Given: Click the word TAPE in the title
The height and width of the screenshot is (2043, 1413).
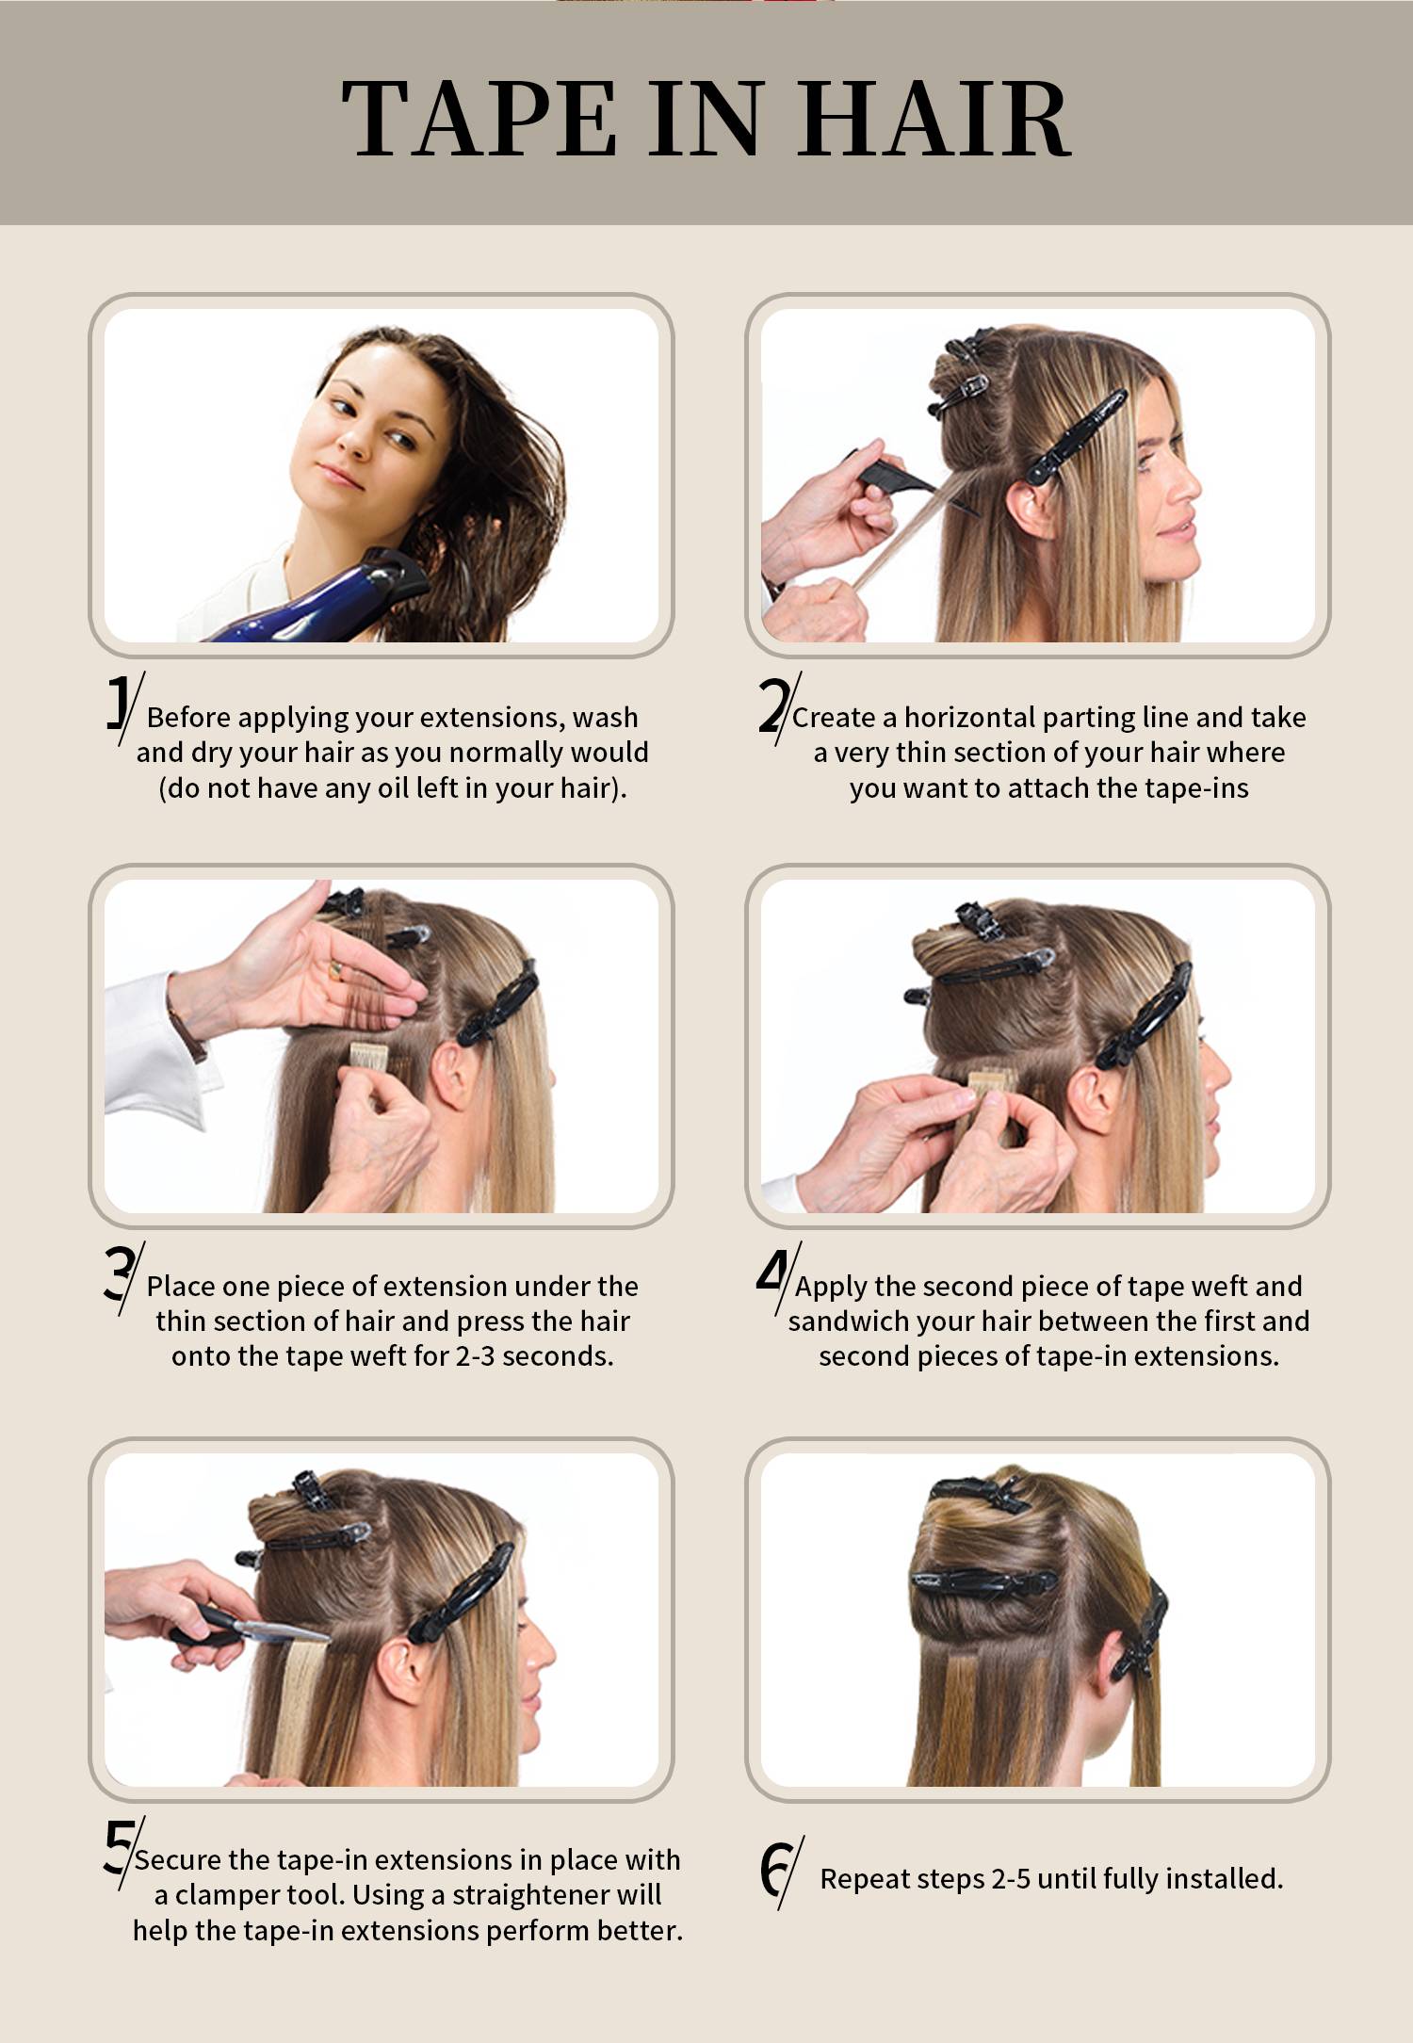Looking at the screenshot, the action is point(479,118).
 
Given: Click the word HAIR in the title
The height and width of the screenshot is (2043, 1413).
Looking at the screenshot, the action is point(934,118).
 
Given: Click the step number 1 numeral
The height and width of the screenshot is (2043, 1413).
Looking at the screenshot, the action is point(118,703).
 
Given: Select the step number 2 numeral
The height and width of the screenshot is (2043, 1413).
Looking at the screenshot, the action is point(773,705).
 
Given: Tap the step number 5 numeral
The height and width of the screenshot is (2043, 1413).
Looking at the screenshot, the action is point(119,1847).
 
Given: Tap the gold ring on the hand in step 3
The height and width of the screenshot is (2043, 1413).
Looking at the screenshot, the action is point(335,970).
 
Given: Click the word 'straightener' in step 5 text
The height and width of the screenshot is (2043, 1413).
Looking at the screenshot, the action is point(532,1894).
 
